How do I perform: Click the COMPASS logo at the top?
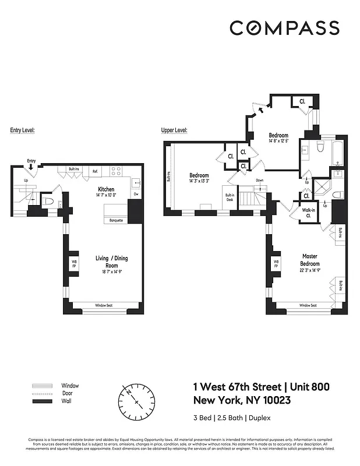(284, 28)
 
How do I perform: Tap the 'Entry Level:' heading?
(23, 130)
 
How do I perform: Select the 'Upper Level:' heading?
(174, 130)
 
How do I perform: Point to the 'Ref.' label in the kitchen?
(94, 171)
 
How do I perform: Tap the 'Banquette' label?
(114, 221)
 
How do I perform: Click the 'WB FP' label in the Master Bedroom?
(276, 264)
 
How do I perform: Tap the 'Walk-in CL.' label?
(308, 213)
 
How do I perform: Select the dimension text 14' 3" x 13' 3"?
(199, 181)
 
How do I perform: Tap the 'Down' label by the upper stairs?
(260, 181)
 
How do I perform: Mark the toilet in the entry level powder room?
(49, 202)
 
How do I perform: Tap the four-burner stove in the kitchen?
(116, 171)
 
